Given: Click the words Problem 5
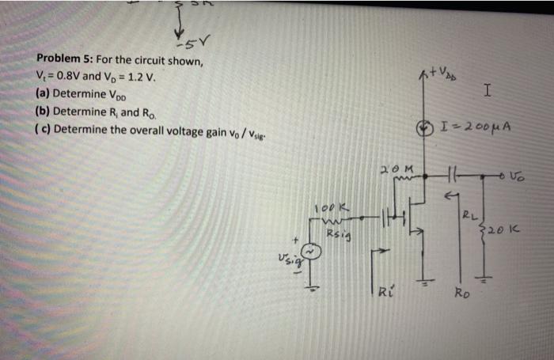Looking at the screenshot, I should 63,62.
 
